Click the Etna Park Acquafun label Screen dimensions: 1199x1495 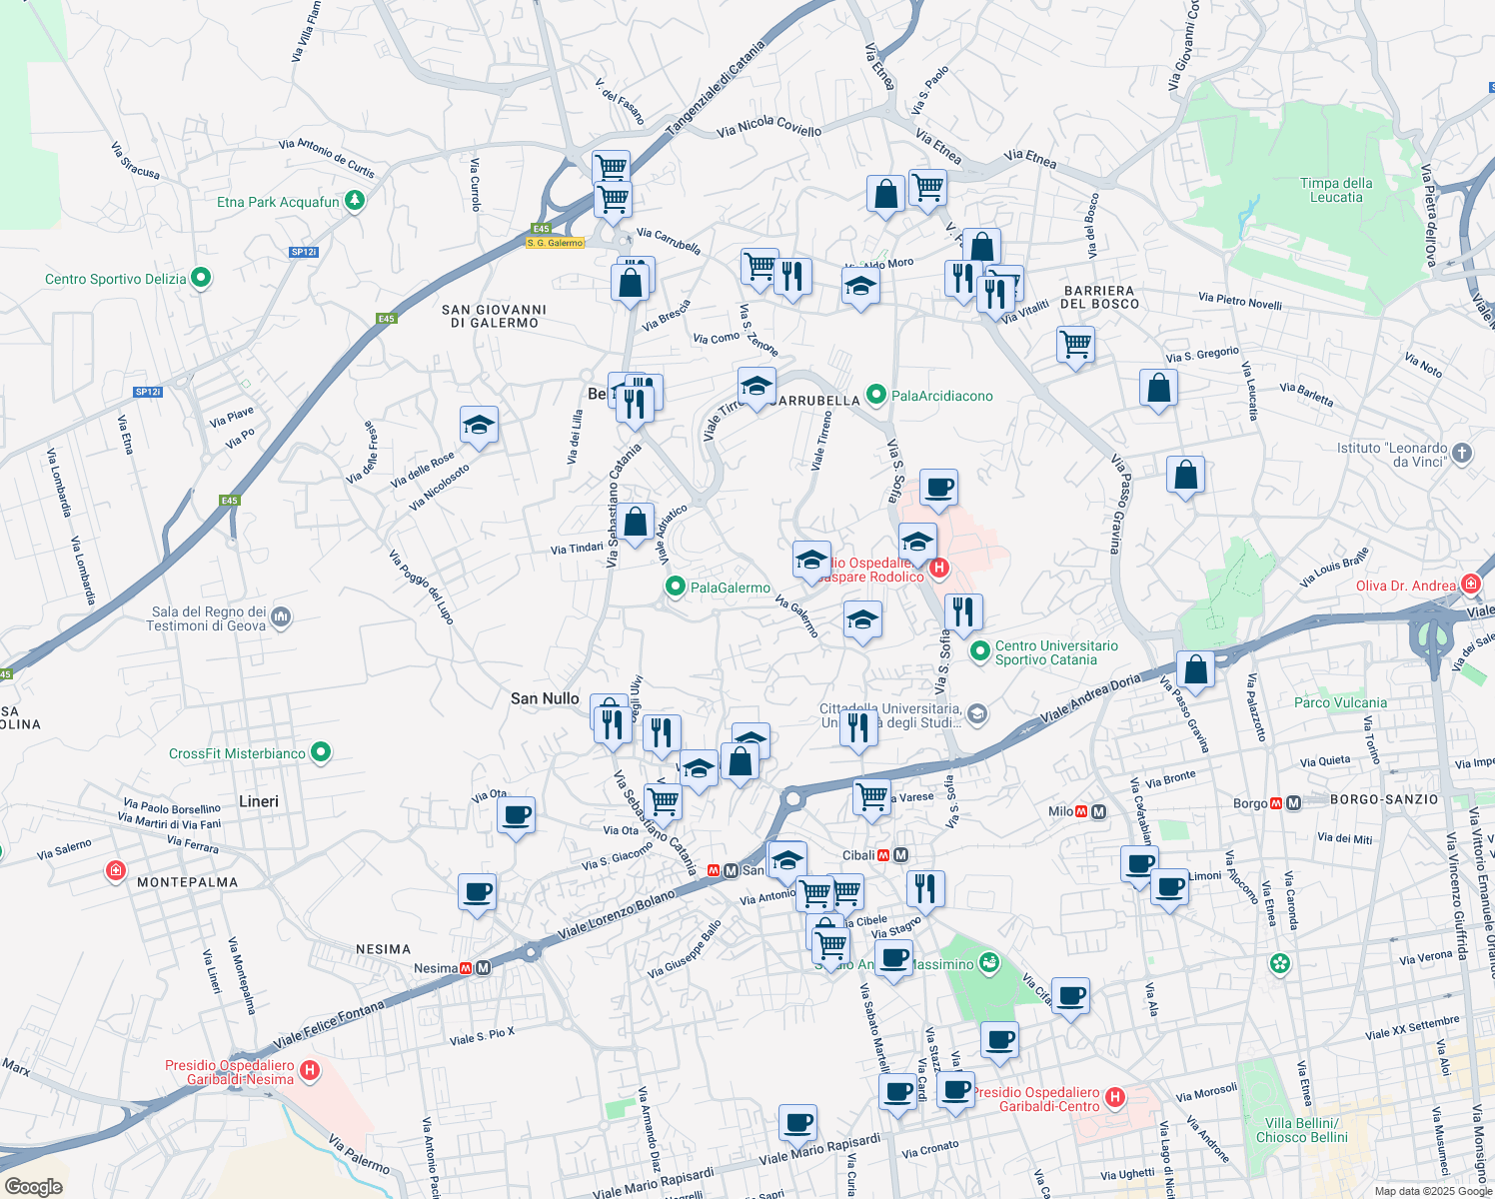point(278,202)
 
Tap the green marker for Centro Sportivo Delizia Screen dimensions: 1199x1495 point(201,278)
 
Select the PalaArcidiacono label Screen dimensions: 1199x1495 point(941,396)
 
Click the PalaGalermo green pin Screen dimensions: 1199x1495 point(676,588)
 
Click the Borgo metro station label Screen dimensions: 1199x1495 point(1250,803)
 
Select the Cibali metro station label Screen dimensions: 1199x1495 point(858,855)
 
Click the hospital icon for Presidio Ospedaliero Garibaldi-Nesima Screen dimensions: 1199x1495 point(310,1071)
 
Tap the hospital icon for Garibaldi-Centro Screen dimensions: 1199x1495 point(1115,1098)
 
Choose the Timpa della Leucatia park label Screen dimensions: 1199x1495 point(1336,190)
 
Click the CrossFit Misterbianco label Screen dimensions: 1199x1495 point(237,753)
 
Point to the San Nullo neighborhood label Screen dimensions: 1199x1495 point(545,698)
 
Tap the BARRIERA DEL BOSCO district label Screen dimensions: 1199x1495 point(1099,297)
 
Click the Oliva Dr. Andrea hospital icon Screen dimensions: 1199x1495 point(1470,585)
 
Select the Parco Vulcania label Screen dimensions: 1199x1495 point(1340,702)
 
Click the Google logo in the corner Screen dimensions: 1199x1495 point(33,1186)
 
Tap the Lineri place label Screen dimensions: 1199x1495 point(259,801)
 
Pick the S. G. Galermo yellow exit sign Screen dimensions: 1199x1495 point(556,243)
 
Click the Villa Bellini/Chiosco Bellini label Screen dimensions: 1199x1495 point(1301,1130)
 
